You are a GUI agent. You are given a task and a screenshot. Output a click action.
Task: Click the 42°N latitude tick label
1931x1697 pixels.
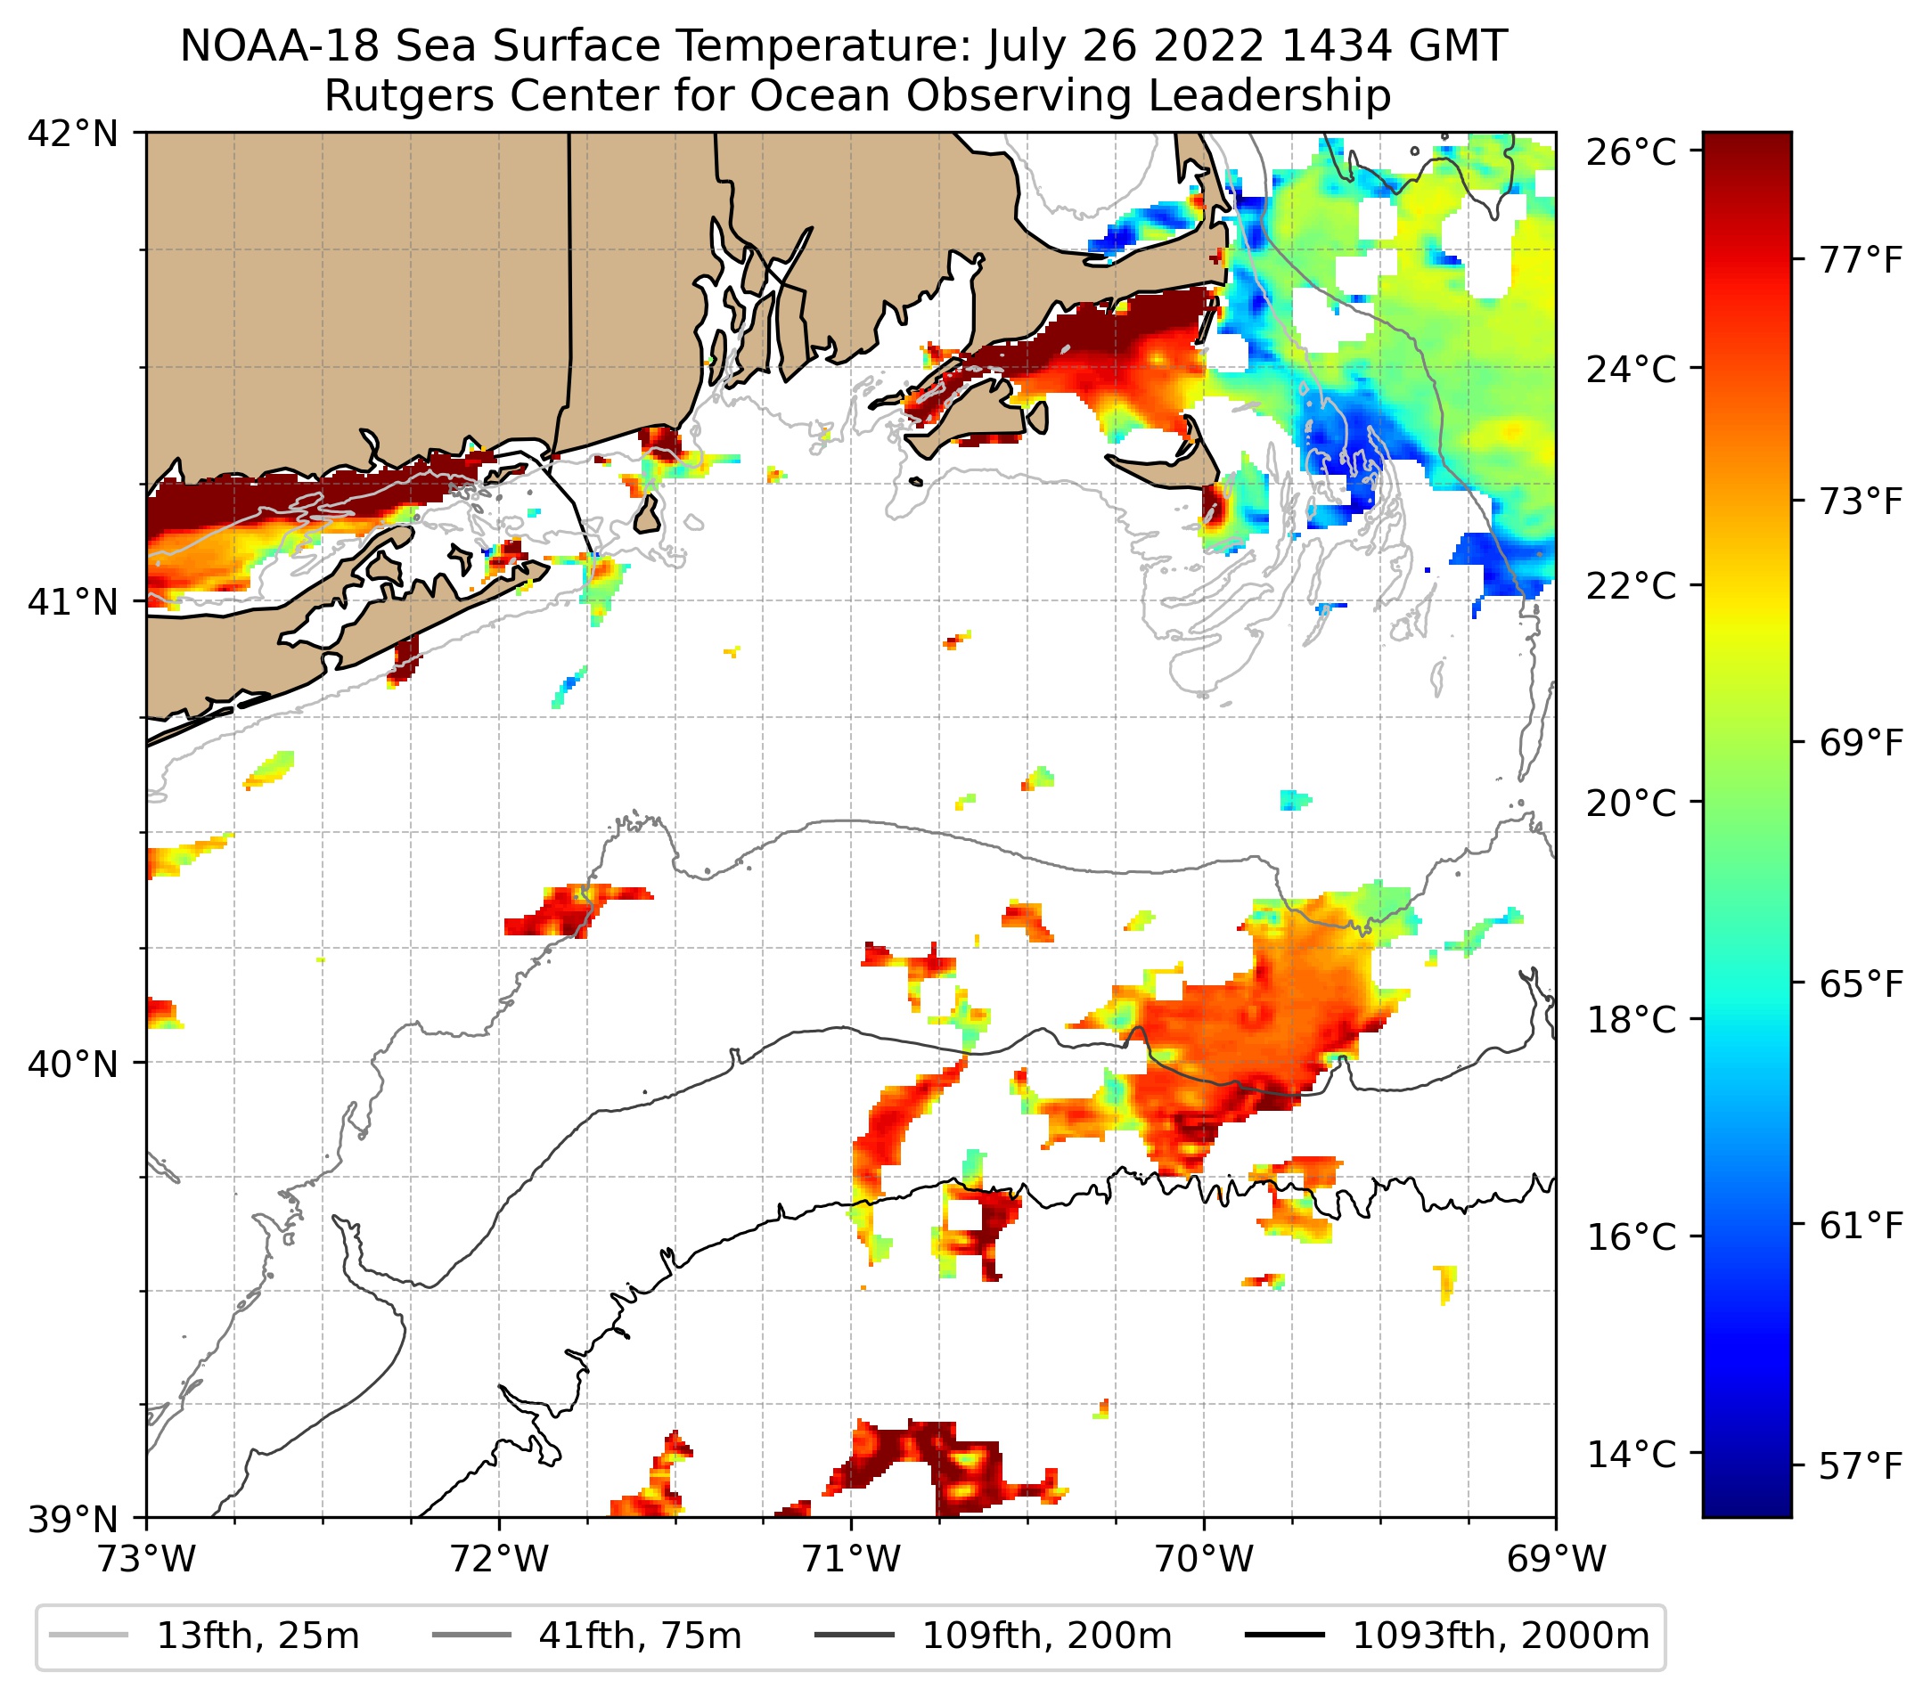pyautogui.click(x=73, y=135)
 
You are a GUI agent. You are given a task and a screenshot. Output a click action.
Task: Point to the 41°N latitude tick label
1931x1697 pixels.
pyautogui.click(x=73, y=600)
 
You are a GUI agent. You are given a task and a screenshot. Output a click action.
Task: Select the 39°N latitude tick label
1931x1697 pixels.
pyautogui.click(x=73, y=1520)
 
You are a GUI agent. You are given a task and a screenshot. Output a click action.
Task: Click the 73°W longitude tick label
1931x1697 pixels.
pyautogui.click(x=146, y=1559)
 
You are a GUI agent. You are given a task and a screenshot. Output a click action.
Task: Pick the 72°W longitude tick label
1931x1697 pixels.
pyautogui.click(x=499, y=1559)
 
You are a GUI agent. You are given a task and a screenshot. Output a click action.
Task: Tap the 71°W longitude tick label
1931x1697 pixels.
pyautogui.click(x=851, y=1559)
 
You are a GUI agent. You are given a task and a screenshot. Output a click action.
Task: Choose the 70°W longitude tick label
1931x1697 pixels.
pyautogui.click(x=1204, y=1559)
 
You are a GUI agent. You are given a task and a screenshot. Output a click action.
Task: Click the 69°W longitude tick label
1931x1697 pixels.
pyautogui.click(x=1556, y=1559)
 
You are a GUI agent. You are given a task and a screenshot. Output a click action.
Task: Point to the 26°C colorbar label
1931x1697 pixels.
pyautogui.click(x=1632, y=152)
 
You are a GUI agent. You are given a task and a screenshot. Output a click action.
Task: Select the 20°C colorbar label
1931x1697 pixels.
pyautogui.click(x=1632, y=804)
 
